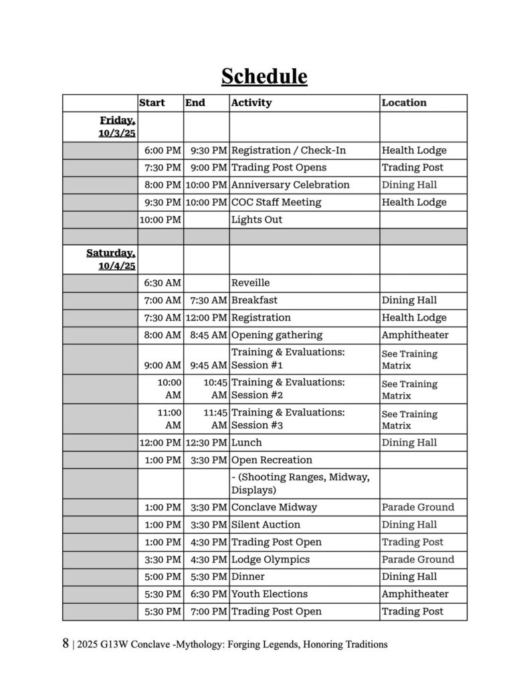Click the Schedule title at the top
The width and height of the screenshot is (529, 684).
[264, 76]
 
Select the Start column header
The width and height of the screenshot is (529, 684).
[152, 103]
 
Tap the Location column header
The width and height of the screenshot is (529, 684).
[404, 103]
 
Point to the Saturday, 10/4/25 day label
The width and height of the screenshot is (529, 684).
[111, 259]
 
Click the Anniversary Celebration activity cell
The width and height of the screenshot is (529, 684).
[290, 185]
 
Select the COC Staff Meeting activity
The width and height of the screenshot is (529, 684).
[276, 202]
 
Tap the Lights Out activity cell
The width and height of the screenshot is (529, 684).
[257, 220]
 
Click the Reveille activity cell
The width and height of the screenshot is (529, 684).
[251, 283]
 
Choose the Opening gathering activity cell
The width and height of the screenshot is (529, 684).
[277, 335]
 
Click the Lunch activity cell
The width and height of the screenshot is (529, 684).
[247, 443]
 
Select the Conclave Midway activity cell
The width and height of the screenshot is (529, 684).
[274, 508]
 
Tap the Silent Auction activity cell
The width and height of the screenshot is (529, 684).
[266, 525]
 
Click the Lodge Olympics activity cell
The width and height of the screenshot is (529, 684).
[270, 560]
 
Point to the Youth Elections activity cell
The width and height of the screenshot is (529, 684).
[270, 594]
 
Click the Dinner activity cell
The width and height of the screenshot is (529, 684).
[248, 577]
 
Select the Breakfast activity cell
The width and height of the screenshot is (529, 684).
[254, 301]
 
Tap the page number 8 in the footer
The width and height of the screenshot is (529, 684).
[66, 645]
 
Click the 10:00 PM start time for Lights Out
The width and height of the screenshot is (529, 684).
[161, 220]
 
